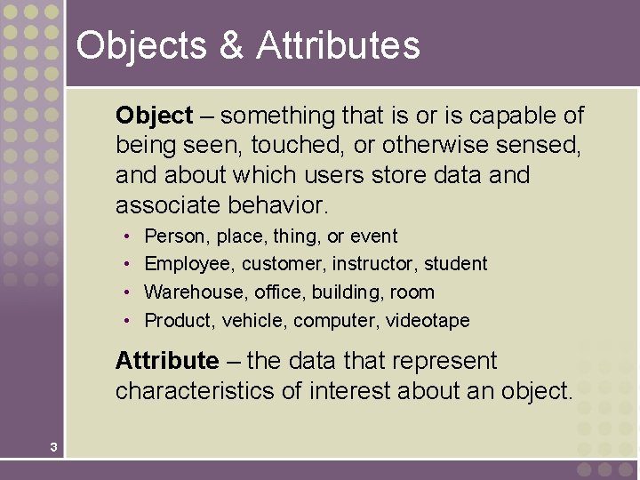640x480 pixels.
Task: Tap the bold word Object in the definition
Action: (154, 116)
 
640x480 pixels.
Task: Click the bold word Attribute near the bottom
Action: (166, 361)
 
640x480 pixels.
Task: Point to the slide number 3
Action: (53, 447)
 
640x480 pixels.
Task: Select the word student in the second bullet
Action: (455, 264)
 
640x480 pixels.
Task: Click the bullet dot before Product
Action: (128, 321)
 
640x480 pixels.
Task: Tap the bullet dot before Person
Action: (128, 236)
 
